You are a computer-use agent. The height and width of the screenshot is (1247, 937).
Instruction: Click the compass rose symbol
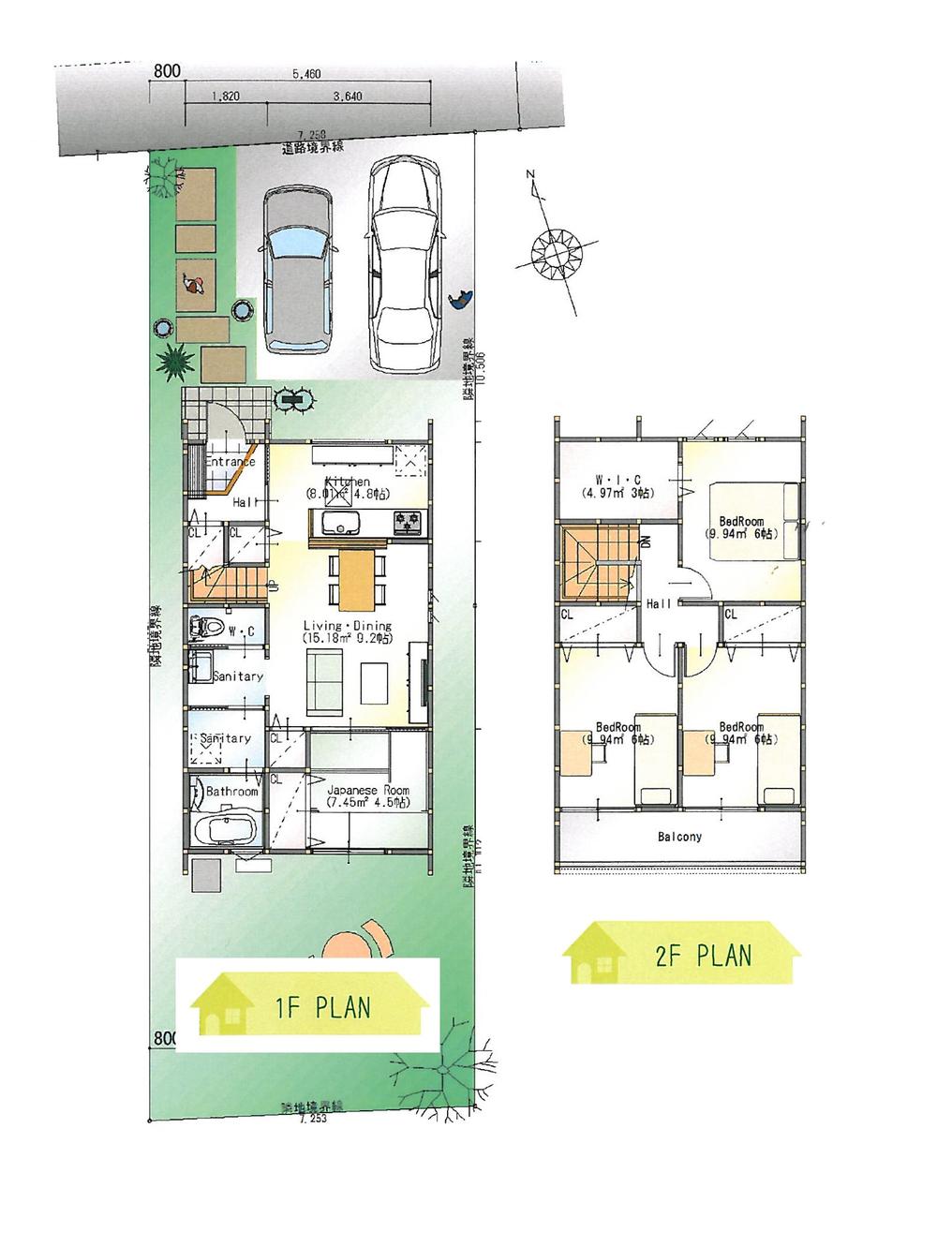557,251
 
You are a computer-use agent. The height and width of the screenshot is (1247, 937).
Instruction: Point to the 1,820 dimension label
227,96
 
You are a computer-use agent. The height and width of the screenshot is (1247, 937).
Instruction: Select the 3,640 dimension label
348,96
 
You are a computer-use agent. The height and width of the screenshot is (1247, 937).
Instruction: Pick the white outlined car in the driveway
404,264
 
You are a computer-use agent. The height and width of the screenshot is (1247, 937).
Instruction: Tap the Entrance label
231,462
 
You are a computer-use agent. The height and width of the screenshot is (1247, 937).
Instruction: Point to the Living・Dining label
347,626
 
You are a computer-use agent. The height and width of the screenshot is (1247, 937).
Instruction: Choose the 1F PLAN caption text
322,1007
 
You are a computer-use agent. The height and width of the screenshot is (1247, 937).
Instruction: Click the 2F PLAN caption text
704,956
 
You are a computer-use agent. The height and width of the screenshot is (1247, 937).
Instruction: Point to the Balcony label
679,837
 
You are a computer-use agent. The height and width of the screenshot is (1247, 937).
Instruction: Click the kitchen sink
336,522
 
